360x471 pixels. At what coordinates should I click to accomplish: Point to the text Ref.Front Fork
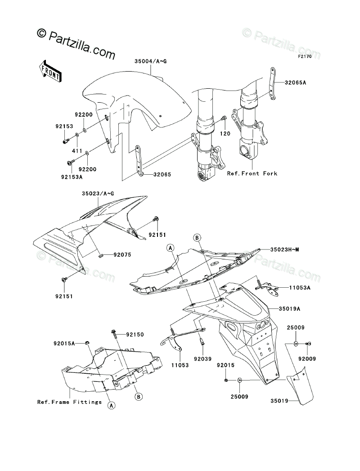point(252,173)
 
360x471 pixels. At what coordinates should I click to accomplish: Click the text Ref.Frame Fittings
point(69,402)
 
